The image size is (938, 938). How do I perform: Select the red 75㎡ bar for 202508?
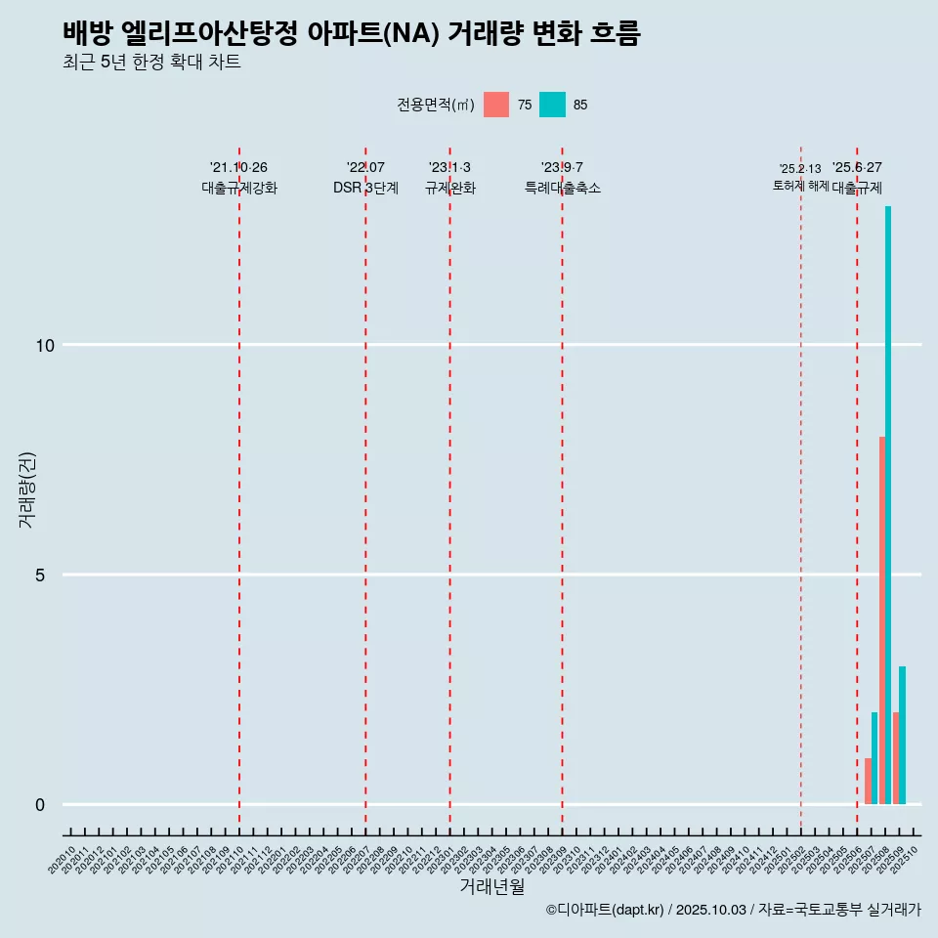tap(882, 620)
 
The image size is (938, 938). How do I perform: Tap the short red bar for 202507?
tap(868, 781)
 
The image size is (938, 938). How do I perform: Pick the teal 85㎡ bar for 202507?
tap(874, 758)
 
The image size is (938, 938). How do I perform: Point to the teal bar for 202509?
tap(903, 735)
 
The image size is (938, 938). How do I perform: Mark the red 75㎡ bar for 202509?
tap(896, 758)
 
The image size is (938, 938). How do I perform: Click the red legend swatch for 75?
tap(496, 105)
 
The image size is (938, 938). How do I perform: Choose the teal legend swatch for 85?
tap(552, 105)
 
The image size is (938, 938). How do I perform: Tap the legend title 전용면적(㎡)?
tap(436, 105)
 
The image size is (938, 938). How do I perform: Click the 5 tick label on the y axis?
tap(41, 575)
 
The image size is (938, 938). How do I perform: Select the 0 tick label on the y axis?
tap(41, 805)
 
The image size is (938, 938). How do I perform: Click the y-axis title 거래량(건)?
tap(26, 489)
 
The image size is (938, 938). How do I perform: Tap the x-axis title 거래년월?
tap(492, 886)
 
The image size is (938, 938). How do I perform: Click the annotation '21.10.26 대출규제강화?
tap(239, 178)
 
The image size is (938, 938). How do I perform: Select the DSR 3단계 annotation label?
tap(365, 189)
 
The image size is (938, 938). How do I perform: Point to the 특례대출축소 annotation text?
tap(563, 189)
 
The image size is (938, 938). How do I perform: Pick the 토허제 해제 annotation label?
tap(800, 186)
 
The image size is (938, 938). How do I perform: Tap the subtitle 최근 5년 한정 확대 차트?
tap(151, 63)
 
